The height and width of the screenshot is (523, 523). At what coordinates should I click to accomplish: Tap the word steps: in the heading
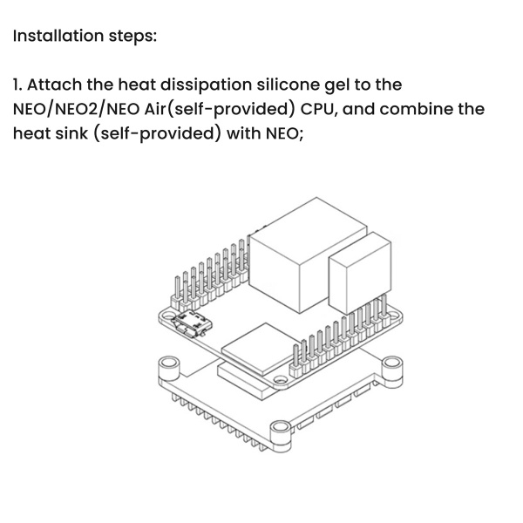pyautogui.click(x=128, y=37)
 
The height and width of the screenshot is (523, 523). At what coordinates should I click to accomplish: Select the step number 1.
pyautogui.click(x=17, y=85)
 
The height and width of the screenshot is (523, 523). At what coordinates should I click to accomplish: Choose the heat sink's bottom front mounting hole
pyautogui.click(x=282, y=430)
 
